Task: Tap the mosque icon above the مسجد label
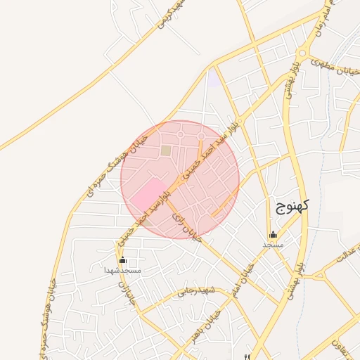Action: (x=273, y=235)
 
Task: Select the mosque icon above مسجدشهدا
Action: (x=123, y=260)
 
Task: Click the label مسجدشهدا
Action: (x=123, y=270)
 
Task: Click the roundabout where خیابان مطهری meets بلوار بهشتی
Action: (x=302, y=53)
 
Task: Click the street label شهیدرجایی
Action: (x=193, y=291)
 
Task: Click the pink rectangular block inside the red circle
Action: (x=148, y=195)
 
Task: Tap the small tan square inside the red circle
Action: (x=166, y=150)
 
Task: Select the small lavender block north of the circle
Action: (x=213, y=79)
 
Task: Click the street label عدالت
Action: (x=347, y=254)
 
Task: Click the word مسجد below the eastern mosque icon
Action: (x=273, y=245)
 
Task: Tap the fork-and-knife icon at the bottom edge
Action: (x=247, y=356)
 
